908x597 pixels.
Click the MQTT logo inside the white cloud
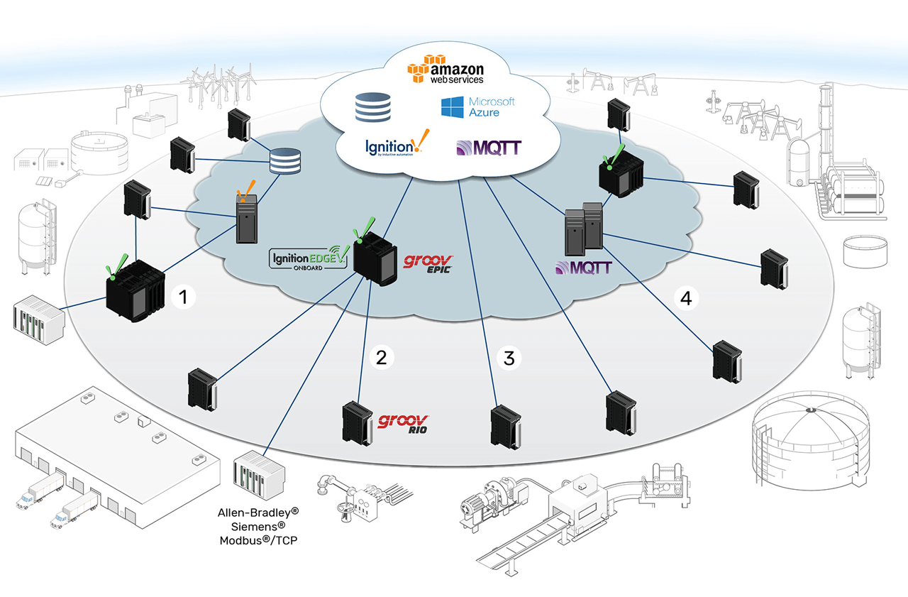click(489, 148)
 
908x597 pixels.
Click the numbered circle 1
click(184, 297)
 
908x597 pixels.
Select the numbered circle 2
click(381, 358)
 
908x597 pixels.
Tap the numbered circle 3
click(509, 358)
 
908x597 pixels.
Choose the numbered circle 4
click(686, 299)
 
